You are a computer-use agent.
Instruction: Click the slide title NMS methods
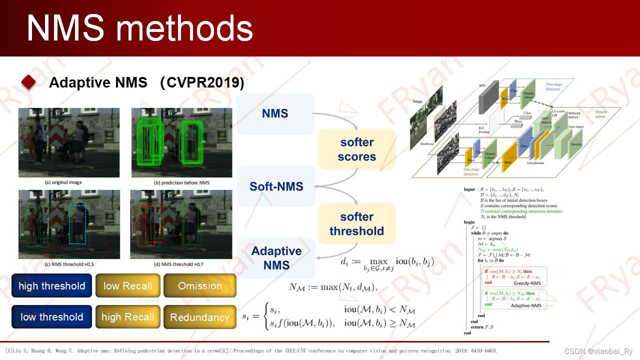[x=139, y=27]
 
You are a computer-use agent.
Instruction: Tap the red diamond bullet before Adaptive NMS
[x=28, y=82]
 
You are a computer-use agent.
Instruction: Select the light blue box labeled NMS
[x=275, y=114]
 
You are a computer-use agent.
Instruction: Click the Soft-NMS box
[x=276, y=186]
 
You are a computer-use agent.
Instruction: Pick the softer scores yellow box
[x=356, y=149]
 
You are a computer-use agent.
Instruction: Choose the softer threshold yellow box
[x=356, y=224]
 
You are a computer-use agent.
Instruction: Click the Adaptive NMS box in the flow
[x=276, y=258]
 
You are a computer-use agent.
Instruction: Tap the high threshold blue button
[x=51, y=286]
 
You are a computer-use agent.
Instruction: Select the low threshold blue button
[x=51, y=317]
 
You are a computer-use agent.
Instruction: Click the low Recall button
[x=127, y=286]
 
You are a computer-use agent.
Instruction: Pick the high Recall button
[x=127, y=317]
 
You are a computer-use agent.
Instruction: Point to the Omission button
[x=199, y=286]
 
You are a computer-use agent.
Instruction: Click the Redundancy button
[x=199, y=317]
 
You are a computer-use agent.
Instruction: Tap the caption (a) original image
[x=63, y=182]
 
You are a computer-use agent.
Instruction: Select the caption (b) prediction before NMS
[x=181, y=183]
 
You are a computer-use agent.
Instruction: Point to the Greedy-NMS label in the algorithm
[x=525, y=283]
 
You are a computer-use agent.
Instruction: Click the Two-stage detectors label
[x=553, y=87]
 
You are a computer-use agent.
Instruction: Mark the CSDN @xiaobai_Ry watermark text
[x=598, y=351]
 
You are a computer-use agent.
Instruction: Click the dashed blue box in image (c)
[x=78, y=223]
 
